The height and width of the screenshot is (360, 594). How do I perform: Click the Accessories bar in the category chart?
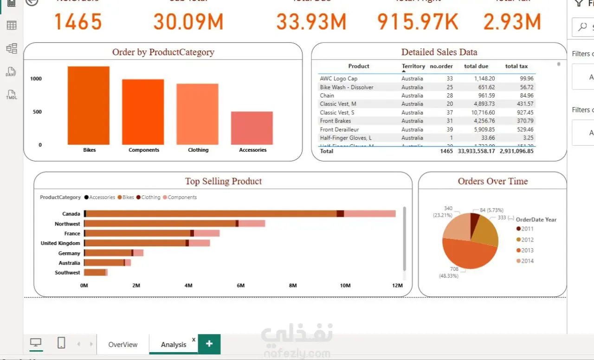point(252,128)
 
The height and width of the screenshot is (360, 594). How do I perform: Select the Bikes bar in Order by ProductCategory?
point(89,106)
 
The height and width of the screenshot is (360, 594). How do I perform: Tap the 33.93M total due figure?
point(311,22)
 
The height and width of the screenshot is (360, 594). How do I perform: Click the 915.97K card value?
point(418,22)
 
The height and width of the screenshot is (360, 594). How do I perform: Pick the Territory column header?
point(413,66)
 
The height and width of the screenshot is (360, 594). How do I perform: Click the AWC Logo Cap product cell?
point(339,79)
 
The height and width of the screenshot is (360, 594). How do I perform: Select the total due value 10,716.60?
point(483,113)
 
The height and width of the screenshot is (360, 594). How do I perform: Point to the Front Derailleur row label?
point(339,129)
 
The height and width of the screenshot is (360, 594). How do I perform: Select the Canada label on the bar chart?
point(71,214)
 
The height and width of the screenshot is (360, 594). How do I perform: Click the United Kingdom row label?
point(60,243)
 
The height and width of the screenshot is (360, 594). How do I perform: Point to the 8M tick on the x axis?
point(293,285)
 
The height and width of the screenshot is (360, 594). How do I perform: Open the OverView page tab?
point(123,345)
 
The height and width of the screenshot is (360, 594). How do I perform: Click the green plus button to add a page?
point(209,344)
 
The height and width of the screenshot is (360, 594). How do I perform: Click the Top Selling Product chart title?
point(223,181)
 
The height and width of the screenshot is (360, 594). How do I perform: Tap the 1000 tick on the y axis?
point(36,79)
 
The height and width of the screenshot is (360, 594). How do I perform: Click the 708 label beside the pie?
point(454,269)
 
